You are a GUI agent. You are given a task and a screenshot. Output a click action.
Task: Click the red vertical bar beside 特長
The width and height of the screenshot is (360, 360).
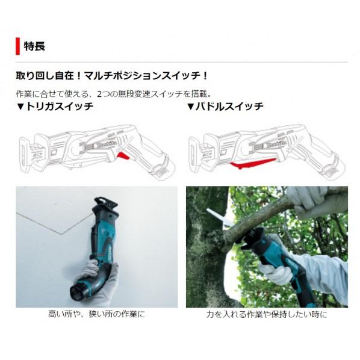[x=17, y=46]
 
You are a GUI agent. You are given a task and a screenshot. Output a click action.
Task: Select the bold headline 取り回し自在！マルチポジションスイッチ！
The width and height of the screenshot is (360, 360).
[x=112, y=76]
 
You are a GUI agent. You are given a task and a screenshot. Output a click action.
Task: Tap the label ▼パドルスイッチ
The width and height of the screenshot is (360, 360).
[x=225, y=107]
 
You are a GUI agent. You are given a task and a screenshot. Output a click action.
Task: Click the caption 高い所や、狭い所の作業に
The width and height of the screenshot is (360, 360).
[x=96, y=314]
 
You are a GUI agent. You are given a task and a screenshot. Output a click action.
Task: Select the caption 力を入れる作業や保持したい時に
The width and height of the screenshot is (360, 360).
[x=267, y=314]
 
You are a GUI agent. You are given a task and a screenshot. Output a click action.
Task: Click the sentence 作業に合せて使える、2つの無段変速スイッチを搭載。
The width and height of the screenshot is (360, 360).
[x=114, y=93]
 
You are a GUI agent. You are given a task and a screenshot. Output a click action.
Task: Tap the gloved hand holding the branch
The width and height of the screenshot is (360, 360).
[x=313, y=201]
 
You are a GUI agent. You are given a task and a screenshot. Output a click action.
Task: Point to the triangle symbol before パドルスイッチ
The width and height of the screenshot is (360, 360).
[x=190, y=107]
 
